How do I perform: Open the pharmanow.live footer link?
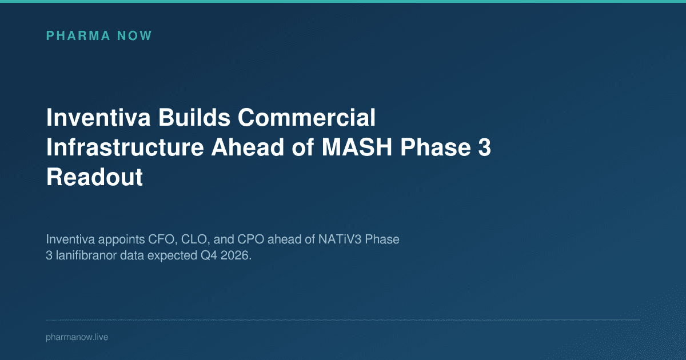77,338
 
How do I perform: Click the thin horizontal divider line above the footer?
343,320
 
